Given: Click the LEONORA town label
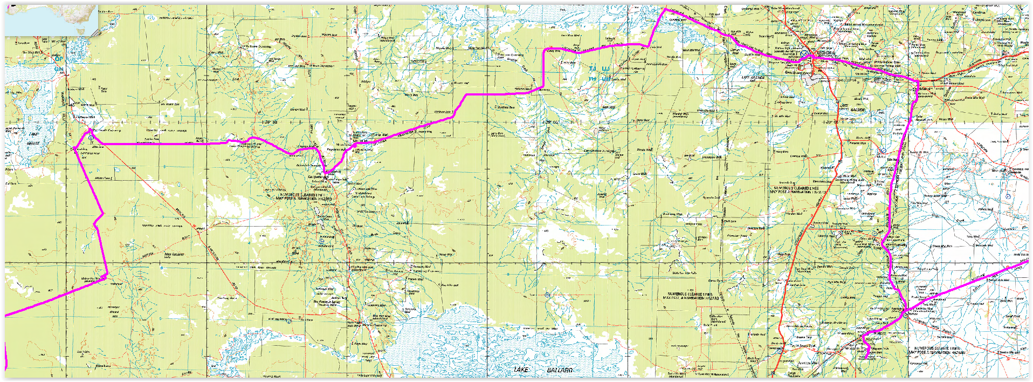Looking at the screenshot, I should coord(825,53).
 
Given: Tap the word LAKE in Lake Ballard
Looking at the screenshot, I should coord(521,370).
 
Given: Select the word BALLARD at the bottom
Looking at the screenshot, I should coord(560,370).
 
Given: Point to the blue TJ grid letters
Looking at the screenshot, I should coord(593,69).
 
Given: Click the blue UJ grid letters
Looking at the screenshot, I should coord(606,69).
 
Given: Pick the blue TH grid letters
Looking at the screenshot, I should coord(593,79).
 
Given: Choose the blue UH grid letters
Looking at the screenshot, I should coord(606,79).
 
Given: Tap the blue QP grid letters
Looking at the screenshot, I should coord(58,59).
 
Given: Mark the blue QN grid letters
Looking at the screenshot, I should coord(58,69).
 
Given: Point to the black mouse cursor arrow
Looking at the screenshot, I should coord(71,101).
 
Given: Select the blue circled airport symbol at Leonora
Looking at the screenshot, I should coord(804,54).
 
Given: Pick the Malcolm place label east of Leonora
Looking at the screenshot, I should coord(925,89).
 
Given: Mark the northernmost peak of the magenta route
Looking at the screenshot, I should coord(665,9).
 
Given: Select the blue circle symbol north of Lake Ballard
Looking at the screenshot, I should coord(547,295).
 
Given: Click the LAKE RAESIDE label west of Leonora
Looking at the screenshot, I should coord(753,78).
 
